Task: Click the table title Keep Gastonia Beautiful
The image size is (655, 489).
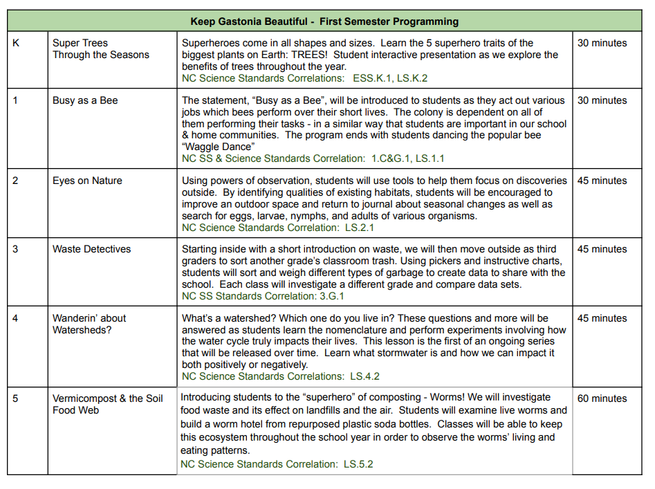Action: pos(325,21)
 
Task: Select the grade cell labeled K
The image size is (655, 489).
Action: pos(17,43)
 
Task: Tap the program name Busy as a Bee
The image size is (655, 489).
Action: pos(85,100)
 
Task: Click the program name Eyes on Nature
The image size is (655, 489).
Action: pos(87,181)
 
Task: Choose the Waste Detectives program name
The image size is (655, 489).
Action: pos(91,249)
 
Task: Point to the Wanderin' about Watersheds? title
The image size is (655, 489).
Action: pos(89,324)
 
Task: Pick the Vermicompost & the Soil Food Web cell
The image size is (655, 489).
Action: pos(107,404)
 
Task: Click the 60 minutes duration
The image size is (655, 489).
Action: pos(602,398)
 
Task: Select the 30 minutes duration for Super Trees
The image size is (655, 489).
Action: pos(602,43)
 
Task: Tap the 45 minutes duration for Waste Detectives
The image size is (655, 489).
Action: pos(602,249)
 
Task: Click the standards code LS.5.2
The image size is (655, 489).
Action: pos(358,464)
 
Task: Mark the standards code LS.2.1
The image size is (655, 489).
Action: pos(360,228)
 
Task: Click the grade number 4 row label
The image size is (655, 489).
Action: pos(16,318)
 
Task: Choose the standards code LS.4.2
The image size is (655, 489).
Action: pos(365,376)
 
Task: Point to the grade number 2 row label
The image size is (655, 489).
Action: pos(16,181)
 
